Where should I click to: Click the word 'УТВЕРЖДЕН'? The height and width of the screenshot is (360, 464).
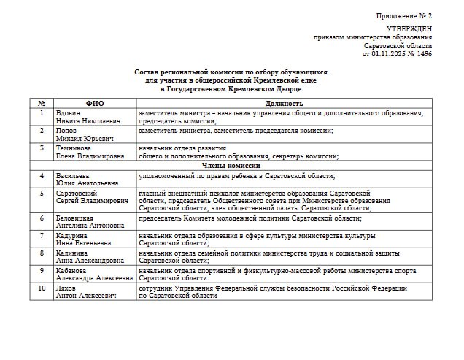tap(409, 29)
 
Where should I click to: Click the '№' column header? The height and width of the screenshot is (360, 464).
tap(42, 104)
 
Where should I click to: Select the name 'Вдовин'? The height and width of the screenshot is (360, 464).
tap(70, 113)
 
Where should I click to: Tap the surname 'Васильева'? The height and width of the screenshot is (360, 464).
tap(74, 176)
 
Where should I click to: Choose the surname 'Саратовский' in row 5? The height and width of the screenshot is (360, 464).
tap(78, 193)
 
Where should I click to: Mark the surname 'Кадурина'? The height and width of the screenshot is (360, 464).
tap(73, 235)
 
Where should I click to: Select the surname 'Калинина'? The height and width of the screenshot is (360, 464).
tap(73, 252)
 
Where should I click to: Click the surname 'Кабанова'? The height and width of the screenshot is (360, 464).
tap(74, 270)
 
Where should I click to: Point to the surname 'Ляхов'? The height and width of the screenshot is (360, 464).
tap(68, 288)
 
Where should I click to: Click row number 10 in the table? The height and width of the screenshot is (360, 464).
tap(42, 288)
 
